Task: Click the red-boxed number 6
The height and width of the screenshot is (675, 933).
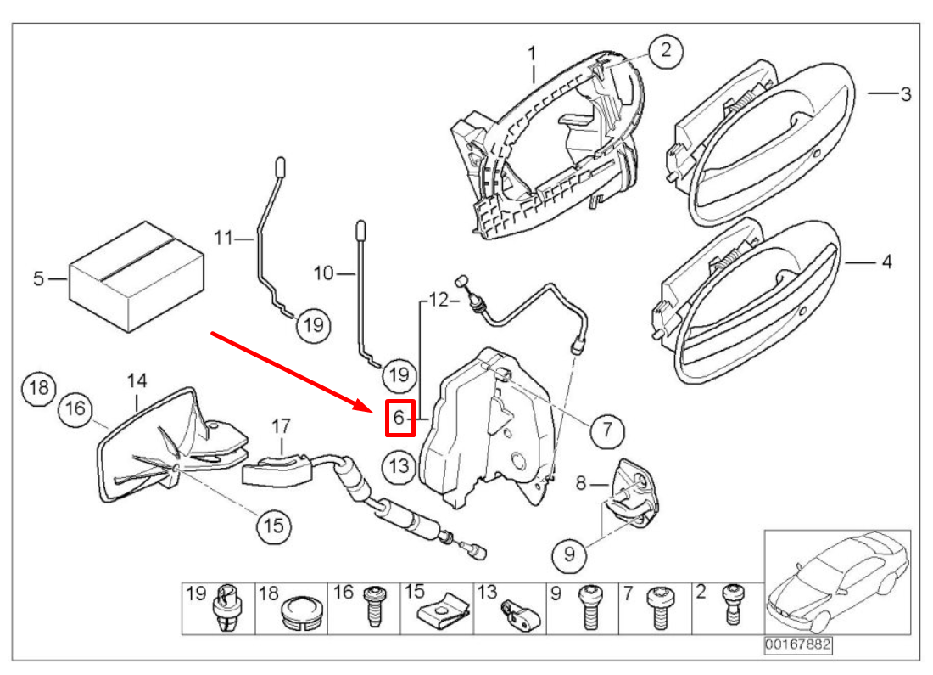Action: coord(399,418)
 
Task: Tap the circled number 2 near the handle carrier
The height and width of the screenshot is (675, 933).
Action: coord(666,50)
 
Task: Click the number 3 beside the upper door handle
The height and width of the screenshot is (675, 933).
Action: coord(905,93)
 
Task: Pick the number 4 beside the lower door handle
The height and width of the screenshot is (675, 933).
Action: coord(886,262)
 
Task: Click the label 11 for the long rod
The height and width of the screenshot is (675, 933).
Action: coord(222,239)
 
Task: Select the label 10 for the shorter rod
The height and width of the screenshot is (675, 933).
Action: coord(324,273)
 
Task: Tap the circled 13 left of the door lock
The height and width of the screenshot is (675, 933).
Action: coord(399,464)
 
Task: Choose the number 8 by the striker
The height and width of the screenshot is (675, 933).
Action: coord(581,484)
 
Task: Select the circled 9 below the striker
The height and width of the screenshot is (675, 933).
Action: coord(568,554)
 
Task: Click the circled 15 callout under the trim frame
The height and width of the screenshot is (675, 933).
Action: coord(274,526)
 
